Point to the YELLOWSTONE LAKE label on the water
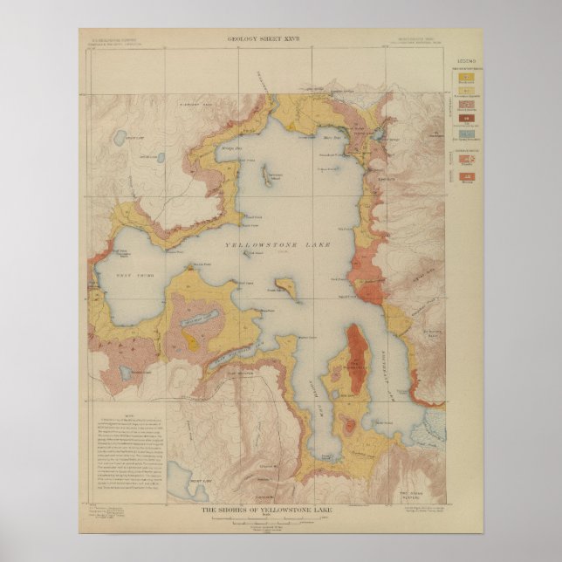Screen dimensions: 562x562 [278, 246]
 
